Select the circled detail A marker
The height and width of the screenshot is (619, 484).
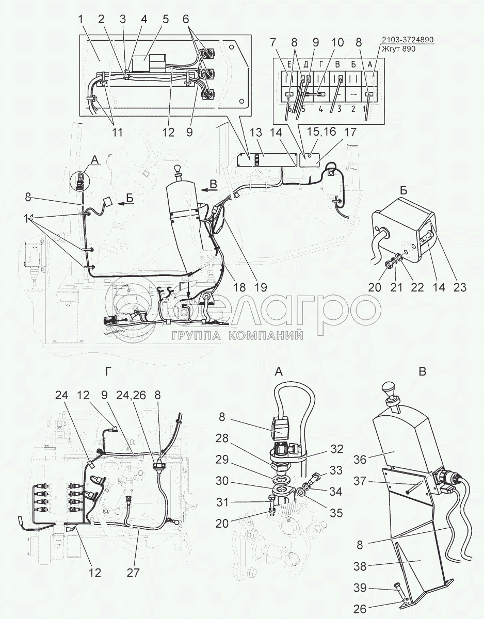[80, 182]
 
